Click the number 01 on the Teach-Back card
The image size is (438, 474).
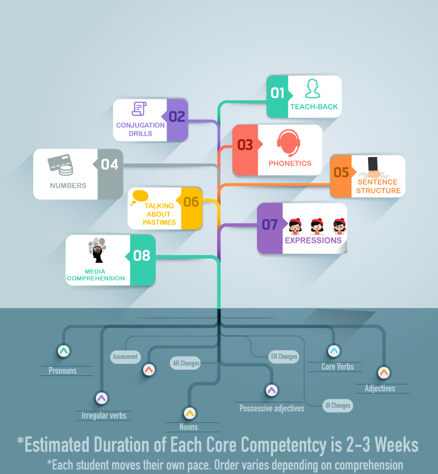click(x=277, y=93)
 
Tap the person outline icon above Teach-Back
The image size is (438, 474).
click(x=313, y=89)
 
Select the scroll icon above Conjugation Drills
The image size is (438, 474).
click(x=139, y=109)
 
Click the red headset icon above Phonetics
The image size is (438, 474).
click(x=289, y=143)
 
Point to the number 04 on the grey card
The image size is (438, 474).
click(x=109, y=164)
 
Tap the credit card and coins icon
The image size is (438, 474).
click(x=61, y=164)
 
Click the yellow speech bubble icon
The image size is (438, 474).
click(x=140, y=197)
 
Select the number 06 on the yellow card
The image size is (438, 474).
click(x=191, y=202)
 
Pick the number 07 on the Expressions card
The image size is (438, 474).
click(x=270, y=225)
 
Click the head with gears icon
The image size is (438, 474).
click(x=97, y=250)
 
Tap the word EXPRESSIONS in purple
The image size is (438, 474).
click(x=313, y=240)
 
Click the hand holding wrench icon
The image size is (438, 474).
click(x=374, y=168)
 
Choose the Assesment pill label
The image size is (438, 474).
click(x=125, y=357)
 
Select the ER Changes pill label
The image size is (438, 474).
click(x=284, y=357)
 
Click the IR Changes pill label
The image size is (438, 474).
click(x=338, y=405)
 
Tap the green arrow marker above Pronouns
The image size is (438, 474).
click(x=64, y=351)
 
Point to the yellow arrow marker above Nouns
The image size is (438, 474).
click(x=190, y=413)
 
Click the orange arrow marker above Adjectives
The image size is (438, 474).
click(x=384, y=373)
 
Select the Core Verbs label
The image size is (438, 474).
click(x=337, y=367)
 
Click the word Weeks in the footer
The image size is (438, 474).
click(x=397, y=444)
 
